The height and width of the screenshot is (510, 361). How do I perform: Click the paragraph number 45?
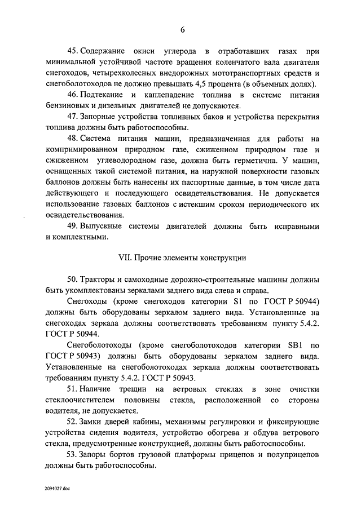pos(72,51)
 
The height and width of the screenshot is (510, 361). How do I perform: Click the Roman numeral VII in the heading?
pos(123,258)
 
